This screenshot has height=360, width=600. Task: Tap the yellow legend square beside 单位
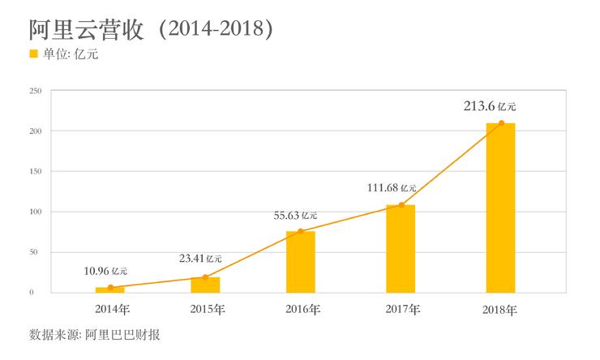pyautogui.click(x=33, y=54)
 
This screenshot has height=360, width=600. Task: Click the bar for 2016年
pyautogui.click(x=300, y=261)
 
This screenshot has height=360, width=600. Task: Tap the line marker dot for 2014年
pyautogui.click(x=110, y=288)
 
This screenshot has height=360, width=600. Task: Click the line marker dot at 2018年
pyautogui.click(x=501, y=123)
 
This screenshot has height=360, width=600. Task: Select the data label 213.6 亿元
pyautogui.click(x=489, y=105)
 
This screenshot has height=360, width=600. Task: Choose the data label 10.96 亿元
pyautogui.click(x=105, y=270)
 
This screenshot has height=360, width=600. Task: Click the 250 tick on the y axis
pyautogui.click(x=35, y=91)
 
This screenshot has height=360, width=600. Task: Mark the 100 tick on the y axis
pyautogui.click(x=35, y=212)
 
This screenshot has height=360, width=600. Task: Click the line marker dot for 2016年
pyautogui.click(x=300, y=232)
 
